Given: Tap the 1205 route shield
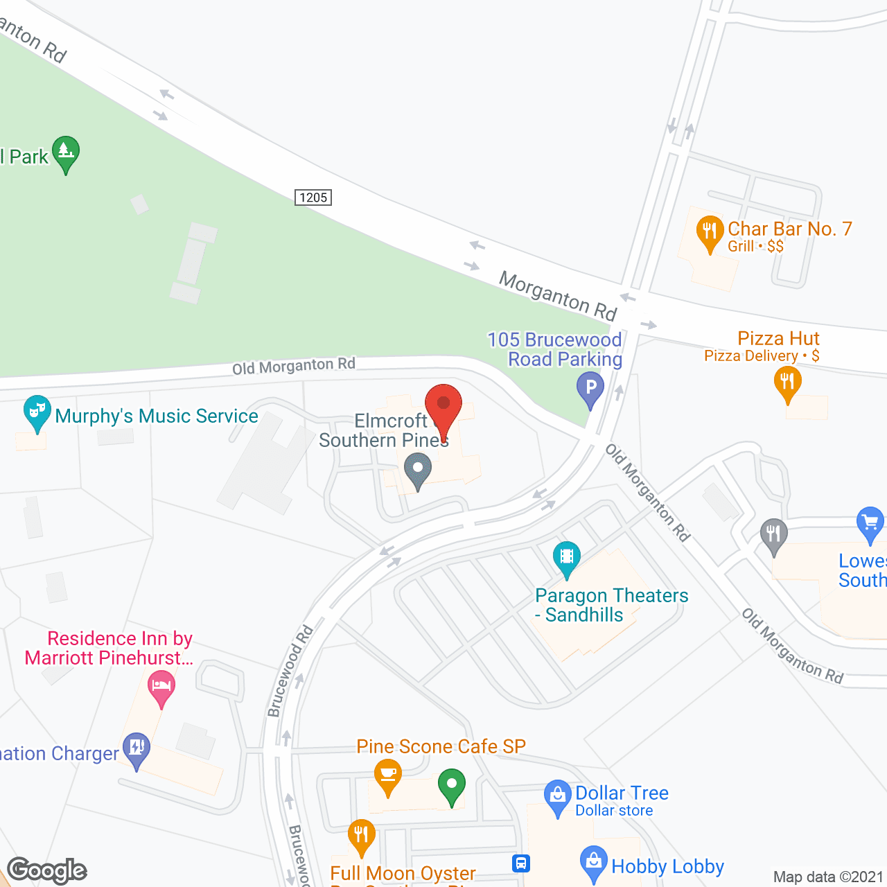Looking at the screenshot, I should (x=313, y=197).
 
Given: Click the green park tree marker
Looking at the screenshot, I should (x=65, y=153).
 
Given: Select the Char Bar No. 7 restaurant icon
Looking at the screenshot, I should (x=709, y=232).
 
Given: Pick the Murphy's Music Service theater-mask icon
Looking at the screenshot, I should (x=37, y=412).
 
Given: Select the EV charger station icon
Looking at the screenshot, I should (x=137, y=749).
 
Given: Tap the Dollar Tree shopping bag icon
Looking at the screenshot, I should (x=557, y=796).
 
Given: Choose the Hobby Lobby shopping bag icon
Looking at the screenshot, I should (x=593, y=863).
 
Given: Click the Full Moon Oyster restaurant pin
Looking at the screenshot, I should (x=361, y=836).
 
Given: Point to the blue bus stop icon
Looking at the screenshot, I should (x=521, y=863).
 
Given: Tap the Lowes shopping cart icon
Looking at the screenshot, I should (x=870, y=523).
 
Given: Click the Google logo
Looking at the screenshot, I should (x=47, y=870).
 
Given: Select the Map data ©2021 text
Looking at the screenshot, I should (x=828, y=877).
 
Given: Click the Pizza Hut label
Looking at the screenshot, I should (x=778, y=338).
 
